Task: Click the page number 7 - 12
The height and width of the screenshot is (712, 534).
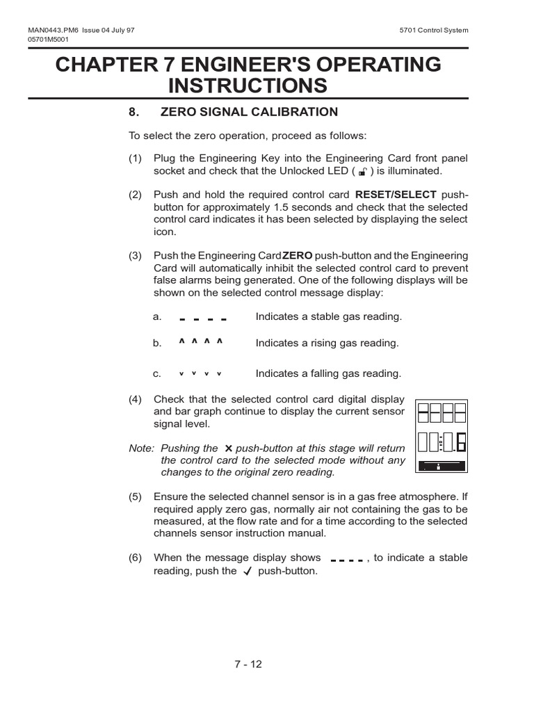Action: pyautogui.click(x=248, y=664)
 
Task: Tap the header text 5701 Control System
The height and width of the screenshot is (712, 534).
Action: pyautogui.click(x=435, y=30)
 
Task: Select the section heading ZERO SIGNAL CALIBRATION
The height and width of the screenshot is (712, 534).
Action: pyautogui.click(x=249, y=112)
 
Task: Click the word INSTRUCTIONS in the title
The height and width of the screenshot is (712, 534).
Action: pyautogui.click(x=248, y=86)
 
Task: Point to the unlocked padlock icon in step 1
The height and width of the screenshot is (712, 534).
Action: pyautogui.click(x=362, y=171)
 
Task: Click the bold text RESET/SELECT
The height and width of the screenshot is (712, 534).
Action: pyautogui.click(x=396, y=195)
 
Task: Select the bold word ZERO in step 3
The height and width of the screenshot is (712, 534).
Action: pyautogui.click(x=298, y=256)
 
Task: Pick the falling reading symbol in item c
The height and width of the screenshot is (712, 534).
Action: pyautogui.click(x=200, y=374)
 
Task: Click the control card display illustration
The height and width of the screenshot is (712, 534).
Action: pyautogui.click(x=442, y=436)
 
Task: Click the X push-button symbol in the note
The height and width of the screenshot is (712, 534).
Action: pyautogui.click(x=228, y=449)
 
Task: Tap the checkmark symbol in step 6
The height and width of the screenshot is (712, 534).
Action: pyautogui.click(x=247, y=572)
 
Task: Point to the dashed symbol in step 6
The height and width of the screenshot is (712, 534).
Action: pyautogui.click(x=347, y=559)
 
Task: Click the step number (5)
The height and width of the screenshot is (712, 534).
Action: pyautogui.click(x=135, y=497)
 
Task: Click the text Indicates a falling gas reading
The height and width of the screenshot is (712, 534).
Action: pyautogui.click(x=328, y=373)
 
